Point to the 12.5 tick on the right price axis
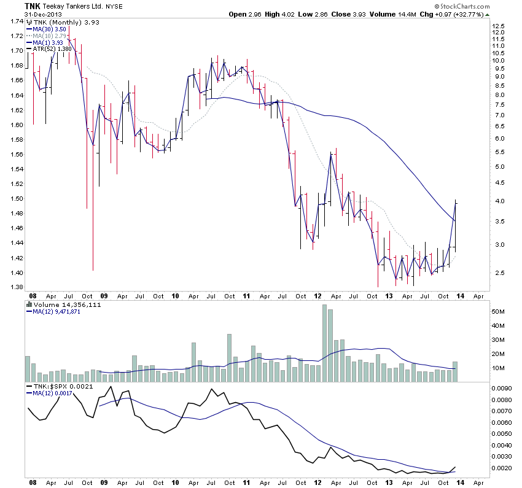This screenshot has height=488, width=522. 498,26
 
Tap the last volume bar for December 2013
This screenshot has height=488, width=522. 455,371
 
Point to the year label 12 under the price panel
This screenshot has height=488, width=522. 318,295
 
